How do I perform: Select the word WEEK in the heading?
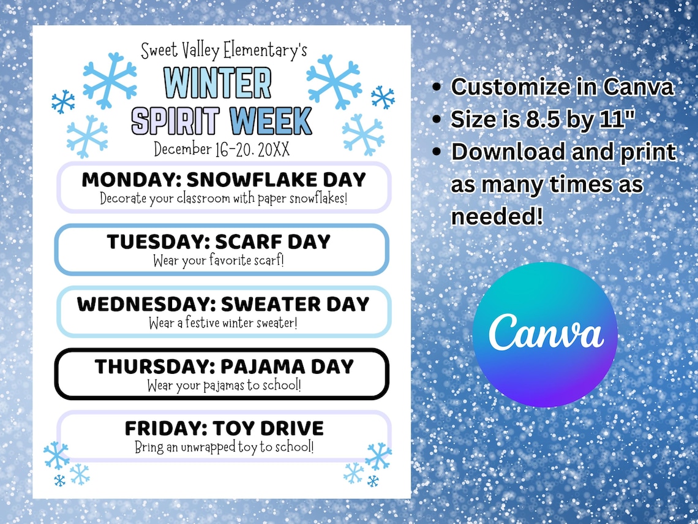click(x=271, y=121)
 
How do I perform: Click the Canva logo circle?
click(x=544, y=335)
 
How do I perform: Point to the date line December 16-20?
click(x=223, y=148)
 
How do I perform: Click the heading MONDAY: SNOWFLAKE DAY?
click(x=223, y=180)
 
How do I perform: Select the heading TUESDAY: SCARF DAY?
click(x=219, y=241)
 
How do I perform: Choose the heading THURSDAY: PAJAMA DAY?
click(x=223, y=366)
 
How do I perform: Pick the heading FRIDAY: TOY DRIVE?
click(x=223, y=428)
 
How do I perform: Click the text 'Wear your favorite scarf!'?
click(x=219, y=260)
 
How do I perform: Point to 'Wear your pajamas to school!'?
click(x=223, y=385)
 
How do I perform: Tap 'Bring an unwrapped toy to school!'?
click(x=223, y=447)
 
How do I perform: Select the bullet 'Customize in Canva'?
click(x=562, y=87)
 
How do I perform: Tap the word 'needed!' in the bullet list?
click(x=497, y=216)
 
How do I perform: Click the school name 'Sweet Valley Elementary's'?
click(x=223, y=50)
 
